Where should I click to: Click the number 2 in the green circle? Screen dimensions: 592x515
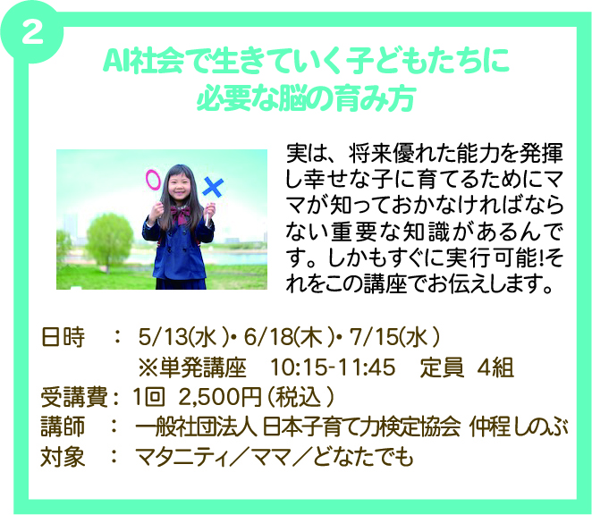coord(32,32)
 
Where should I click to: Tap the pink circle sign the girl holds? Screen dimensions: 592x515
coord(153,180)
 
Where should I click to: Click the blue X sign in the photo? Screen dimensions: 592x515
coord(213,187)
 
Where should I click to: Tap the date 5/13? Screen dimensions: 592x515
coord(163,337)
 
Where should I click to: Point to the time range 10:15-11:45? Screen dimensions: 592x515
coord(333,367)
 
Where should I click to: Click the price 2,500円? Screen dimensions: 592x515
coord(219,397)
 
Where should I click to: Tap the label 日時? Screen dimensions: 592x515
coord(63,337)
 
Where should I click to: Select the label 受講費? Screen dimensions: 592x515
coord(74,397)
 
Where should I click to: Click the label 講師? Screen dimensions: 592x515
coord(63,427)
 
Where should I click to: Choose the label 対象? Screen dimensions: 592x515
coord(63,457)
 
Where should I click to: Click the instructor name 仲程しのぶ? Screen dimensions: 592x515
coord(519,427)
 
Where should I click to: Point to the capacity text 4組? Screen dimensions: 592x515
coord(495,367)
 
